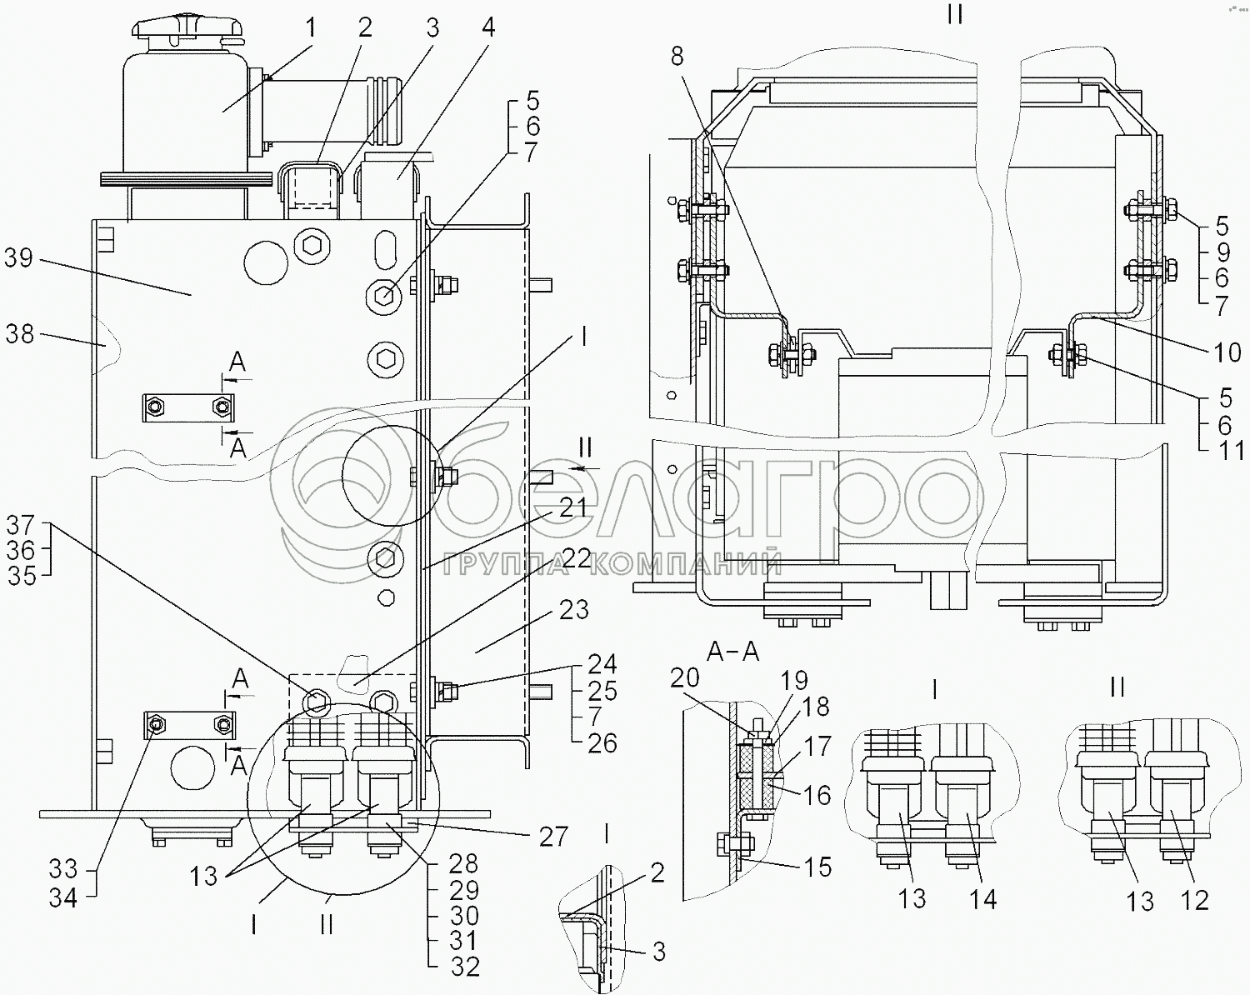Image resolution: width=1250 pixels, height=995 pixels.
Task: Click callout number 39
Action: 17,258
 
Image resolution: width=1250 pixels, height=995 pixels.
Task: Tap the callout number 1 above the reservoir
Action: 311,29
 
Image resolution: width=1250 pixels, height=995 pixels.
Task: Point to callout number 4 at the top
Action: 488,27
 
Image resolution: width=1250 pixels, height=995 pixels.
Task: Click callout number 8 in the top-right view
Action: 676,57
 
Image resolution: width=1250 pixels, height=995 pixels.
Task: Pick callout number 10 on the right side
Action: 1227,352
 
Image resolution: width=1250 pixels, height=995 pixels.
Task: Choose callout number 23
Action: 573,610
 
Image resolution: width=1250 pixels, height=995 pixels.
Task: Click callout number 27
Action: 553,836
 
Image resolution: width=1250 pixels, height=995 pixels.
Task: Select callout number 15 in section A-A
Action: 818,867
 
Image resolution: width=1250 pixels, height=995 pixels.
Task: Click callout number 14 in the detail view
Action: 983,899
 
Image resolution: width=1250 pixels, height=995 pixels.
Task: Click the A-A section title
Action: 732,651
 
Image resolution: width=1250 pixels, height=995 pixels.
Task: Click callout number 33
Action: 62,869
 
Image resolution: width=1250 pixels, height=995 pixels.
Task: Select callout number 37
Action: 21,525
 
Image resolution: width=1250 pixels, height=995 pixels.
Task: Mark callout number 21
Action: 572,508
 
